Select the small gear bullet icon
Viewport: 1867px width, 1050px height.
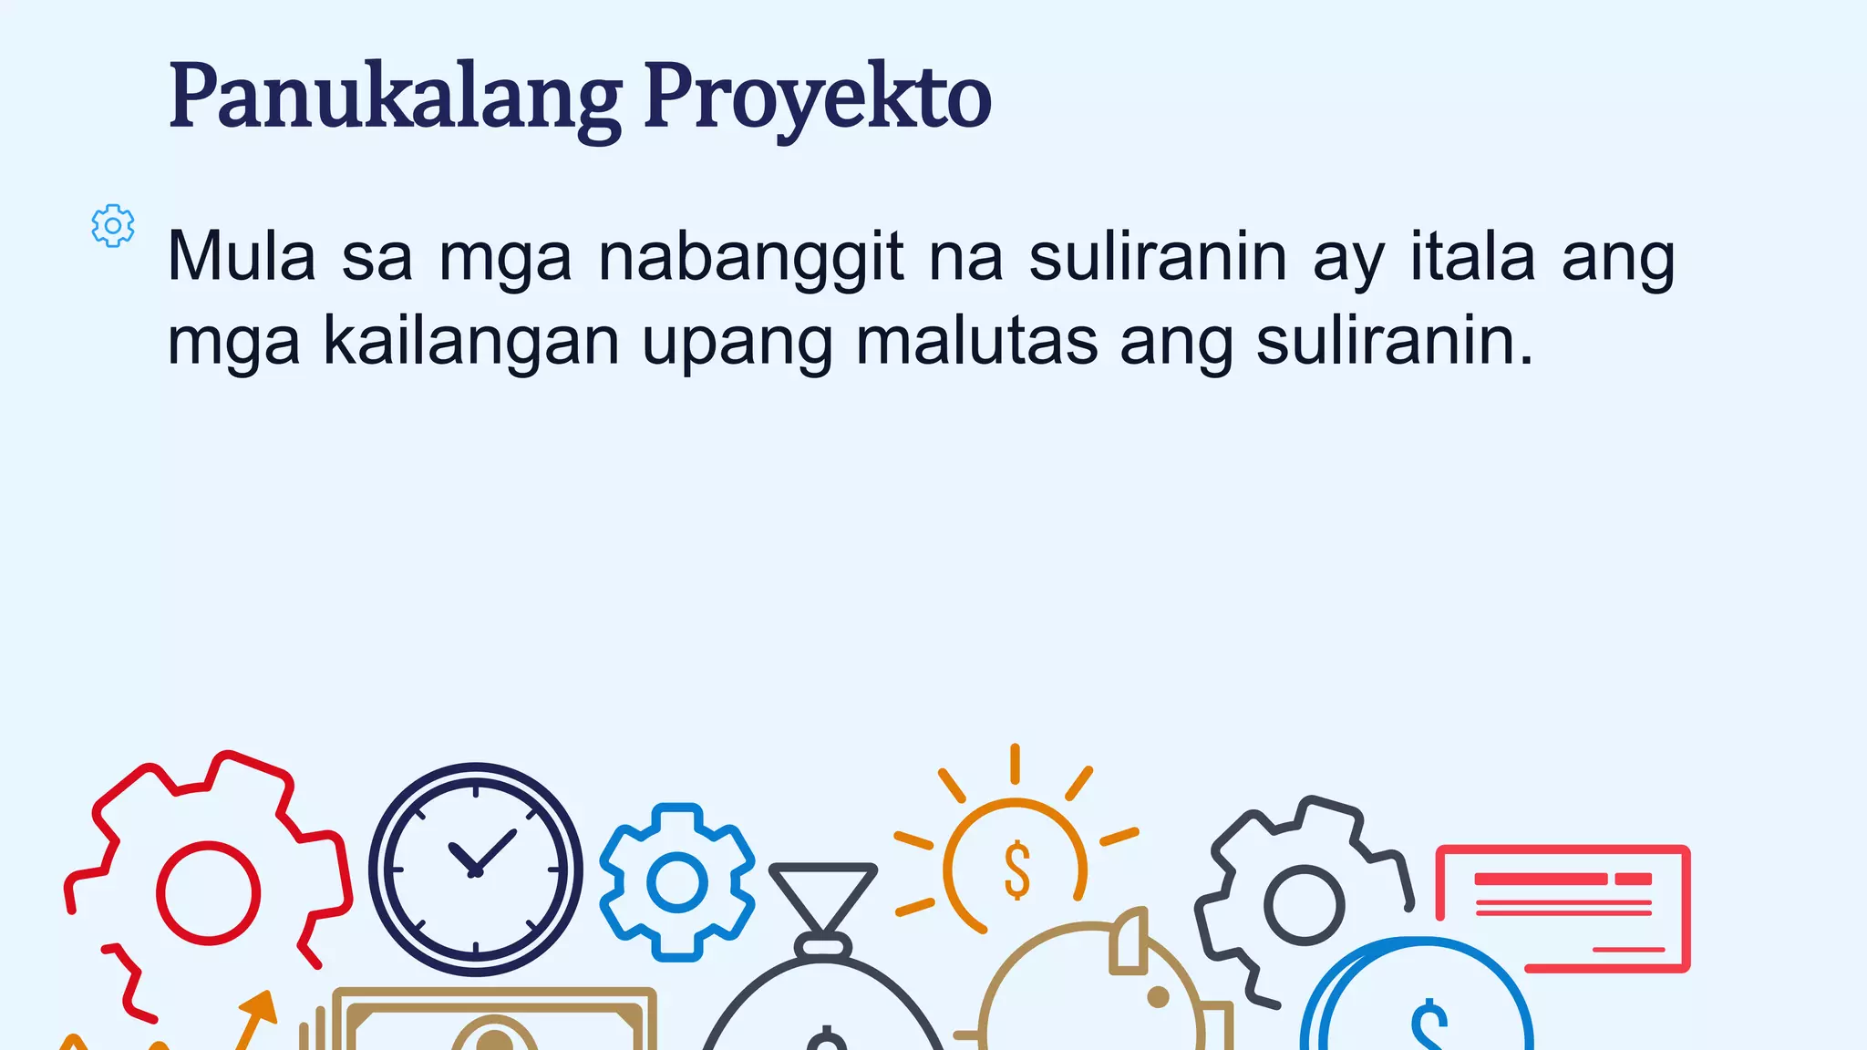click(113, 225)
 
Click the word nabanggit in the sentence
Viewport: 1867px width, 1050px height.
click(751, 258)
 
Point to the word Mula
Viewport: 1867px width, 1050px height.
click(242, 258)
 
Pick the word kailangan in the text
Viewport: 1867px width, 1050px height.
click(471, 342)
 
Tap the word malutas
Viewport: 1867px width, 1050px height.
click(976, 342)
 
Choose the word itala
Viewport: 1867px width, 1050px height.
click(1472, 258)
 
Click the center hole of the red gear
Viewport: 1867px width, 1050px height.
click(208, 892)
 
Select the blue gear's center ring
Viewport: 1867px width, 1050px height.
click(676, 882)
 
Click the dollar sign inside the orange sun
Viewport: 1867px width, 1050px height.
click(1016, 870)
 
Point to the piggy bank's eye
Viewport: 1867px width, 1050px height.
click(1158, 997)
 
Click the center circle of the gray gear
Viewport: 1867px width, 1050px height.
click(1304, 904)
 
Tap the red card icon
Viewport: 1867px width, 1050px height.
click(1563, 908)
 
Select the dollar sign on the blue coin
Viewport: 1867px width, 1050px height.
click(1429, 1025)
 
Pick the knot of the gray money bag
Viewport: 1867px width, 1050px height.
click(822, 945)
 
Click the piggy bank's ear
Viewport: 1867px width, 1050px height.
click(1129, 942)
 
